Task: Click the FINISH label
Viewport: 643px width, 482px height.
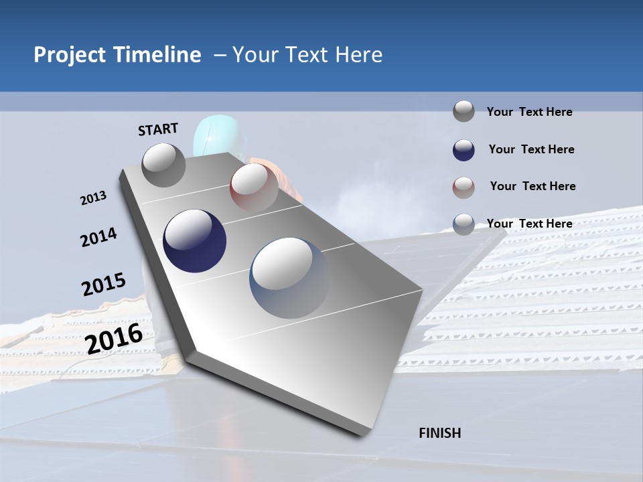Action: [x=439, y=433]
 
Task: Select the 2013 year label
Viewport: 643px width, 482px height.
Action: [x=93, y=198]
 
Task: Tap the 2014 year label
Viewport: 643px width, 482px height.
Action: [x=98, y=238]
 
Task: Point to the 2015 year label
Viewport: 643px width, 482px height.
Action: [x=103, y=285]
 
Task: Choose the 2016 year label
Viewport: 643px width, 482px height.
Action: [x=114, y=339]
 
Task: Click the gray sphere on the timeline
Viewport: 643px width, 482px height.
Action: [x=163, y=165]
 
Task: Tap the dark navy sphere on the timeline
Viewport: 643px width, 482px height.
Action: [x=194, y=241]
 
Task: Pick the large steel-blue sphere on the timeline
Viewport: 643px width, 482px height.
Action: [x=290, y=277]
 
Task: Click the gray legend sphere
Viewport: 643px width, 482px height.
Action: [x=463, y=111]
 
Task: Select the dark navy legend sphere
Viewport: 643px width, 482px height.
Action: [x=463, y=150]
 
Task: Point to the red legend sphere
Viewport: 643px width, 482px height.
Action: [x=463, y=187]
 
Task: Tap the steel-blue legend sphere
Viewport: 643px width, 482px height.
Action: [x=463, y=224]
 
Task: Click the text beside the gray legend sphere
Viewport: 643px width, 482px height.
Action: [x=529, y=112]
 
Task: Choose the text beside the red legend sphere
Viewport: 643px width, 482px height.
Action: [x=532, y=186]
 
